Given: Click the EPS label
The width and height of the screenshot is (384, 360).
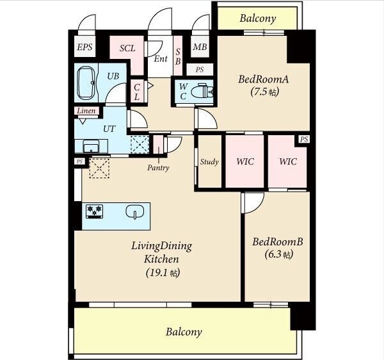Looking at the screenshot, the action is [x=84, y=47].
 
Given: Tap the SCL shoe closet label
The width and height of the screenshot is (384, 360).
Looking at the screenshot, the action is [x=127, y=48].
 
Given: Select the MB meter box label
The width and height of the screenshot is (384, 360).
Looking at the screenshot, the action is [x=200, y=47].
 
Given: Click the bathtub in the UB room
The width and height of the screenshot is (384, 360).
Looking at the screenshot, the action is [x=86, y=83].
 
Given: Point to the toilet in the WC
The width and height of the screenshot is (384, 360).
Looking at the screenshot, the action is [x=202, y=92].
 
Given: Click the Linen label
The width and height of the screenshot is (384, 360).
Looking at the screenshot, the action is [x=86, y=111].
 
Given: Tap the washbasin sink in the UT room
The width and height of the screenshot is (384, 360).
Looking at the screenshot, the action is [x=91, y=146].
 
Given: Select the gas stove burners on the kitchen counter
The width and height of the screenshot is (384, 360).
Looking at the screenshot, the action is [x=95, y=211].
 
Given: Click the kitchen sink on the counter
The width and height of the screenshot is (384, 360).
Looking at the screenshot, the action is [x=135, y=212].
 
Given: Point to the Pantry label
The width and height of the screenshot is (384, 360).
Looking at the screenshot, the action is [x=158, y=168].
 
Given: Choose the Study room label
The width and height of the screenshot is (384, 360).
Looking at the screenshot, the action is [x=209, y=161].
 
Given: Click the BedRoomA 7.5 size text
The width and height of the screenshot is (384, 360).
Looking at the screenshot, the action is [x=265, y=92].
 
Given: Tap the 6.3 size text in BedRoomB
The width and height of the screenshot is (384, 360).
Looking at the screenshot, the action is [x=279, y=254].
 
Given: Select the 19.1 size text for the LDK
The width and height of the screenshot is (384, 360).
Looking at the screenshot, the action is [x=163, y=272].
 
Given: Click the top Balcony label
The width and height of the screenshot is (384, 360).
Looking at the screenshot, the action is [x=258, y=19].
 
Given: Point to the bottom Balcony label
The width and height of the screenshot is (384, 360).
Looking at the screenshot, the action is [x=184, y=332].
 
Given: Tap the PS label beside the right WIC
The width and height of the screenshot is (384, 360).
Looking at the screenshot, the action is [x=304, y=139].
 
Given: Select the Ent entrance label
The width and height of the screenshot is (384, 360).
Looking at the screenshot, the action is [x=161, y=58].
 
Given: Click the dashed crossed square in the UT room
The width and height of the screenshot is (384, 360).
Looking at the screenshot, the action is [x=140, y=144].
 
